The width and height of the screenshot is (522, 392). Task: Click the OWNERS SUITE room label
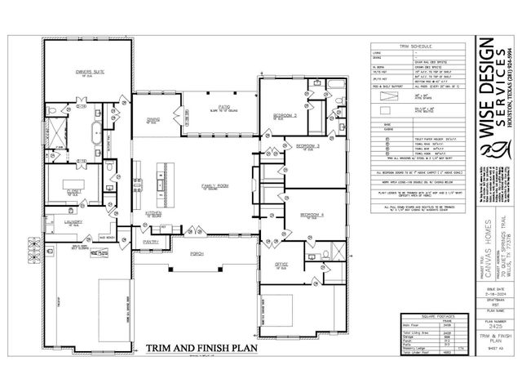pos(91,72)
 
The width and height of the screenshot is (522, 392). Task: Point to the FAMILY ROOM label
pos(215,186)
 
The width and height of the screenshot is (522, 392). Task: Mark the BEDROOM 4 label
pos(312,214)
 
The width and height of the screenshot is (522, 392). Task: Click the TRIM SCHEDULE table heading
pos(420,48)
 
